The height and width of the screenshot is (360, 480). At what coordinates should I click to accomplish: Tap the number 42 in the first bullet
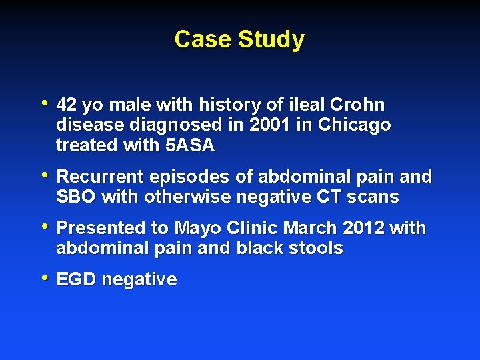(x=67, y=105)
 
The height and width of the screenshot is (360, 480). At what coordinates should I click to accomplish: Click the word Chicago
(x=355, y=125)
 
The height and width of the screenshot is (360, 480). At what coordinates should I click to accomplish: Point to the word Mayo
(x=196, y=228)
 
